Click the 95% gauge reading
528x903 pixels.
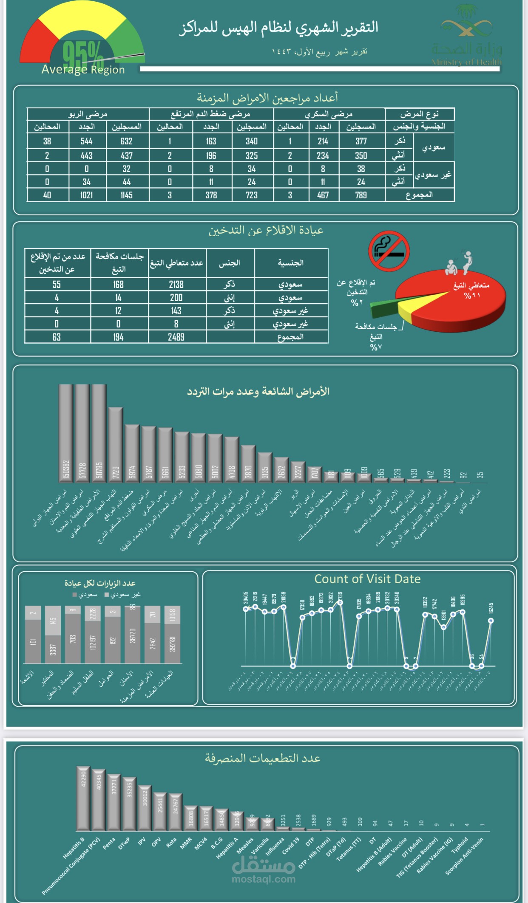click(83, 54)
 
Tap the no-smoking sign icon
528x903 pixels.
click(389, 251)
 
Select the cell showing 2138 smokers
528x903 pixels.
click(176, 284)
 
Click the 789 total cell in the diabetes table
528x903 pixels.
click(361, 195)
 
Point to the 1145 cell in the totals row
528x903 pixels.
click(126, 195)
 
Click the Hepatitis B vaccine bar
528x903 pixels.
click(83, 798)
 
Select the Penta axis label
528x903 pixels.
click(109, 843)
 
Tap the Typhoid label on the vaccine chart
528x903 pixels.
click(460, 844)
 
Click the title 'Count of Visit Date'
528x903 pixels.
click(367, 579)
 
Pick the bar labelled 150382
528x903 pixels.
click(65, 433)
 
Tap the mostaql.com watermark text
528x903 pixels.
click(264, 879)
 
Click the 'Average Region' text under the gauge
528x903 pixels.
click(83, 70)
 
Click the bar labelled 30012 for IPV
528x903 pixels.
click(145, 808)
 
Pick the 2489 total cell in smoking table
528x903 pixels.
click(176, 337)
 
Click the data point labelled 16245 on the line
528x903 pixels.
click(491, 621)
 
